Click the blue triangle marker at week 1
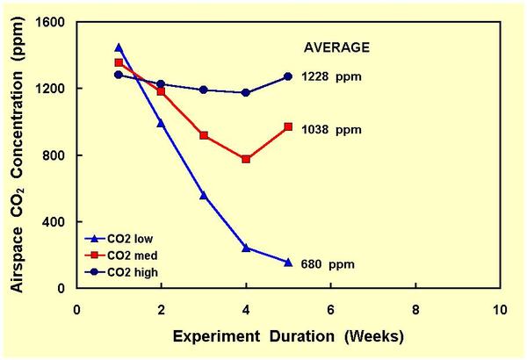tap(119, 47)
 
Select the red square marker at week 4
tap(246, 159)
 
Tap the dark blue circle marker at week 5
tap(288, 76)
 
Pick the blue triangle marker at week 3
tap(204, 195)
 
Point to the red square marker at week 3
tap(204, 135)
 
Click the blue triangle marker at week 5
tap(288, 262)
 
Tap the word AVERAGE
tap(337, 47)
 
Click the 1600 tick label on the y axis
tap(53, 22)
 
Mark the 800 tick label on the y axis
tap(56, 155)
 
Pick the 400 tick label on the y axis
tap(56, 222)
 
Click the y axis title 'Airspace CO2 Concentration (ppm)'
tap(18, 155)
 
